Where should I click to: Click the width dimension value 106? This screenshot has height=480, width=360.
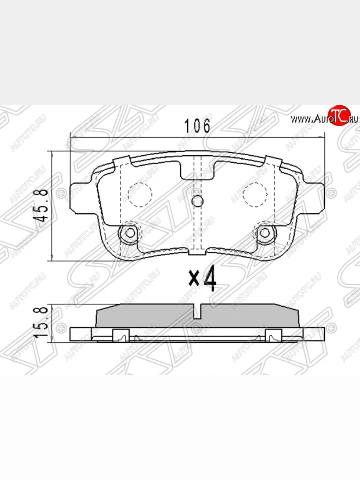tap(196, 126)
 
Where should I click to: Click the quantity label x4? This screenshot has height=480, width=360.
tap(203, 279)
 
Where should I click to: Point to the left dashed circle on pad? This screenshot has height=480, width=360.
tap(140, 194)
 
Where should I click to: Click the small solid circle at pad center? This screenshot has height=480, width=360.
tap(197, 202)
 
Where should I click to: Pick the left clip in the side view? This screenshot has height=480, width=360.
tap(121, 335)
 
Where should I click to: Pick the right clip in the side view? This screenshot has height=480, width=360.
tap(274, 335)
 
